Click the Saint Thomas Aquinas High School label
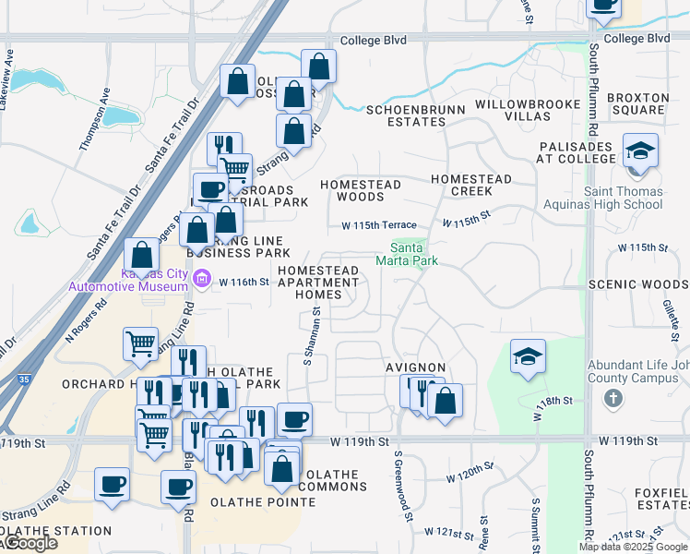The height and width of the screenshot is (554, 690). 631,198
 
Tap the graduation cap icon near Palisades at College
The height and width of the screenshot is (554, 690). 640,151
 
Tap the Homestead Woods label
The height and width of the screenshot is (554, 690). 361,190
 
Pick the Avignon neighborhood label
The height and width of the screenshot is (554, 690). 415,367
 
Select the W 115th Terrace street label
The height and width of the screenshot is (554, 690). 379,225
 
